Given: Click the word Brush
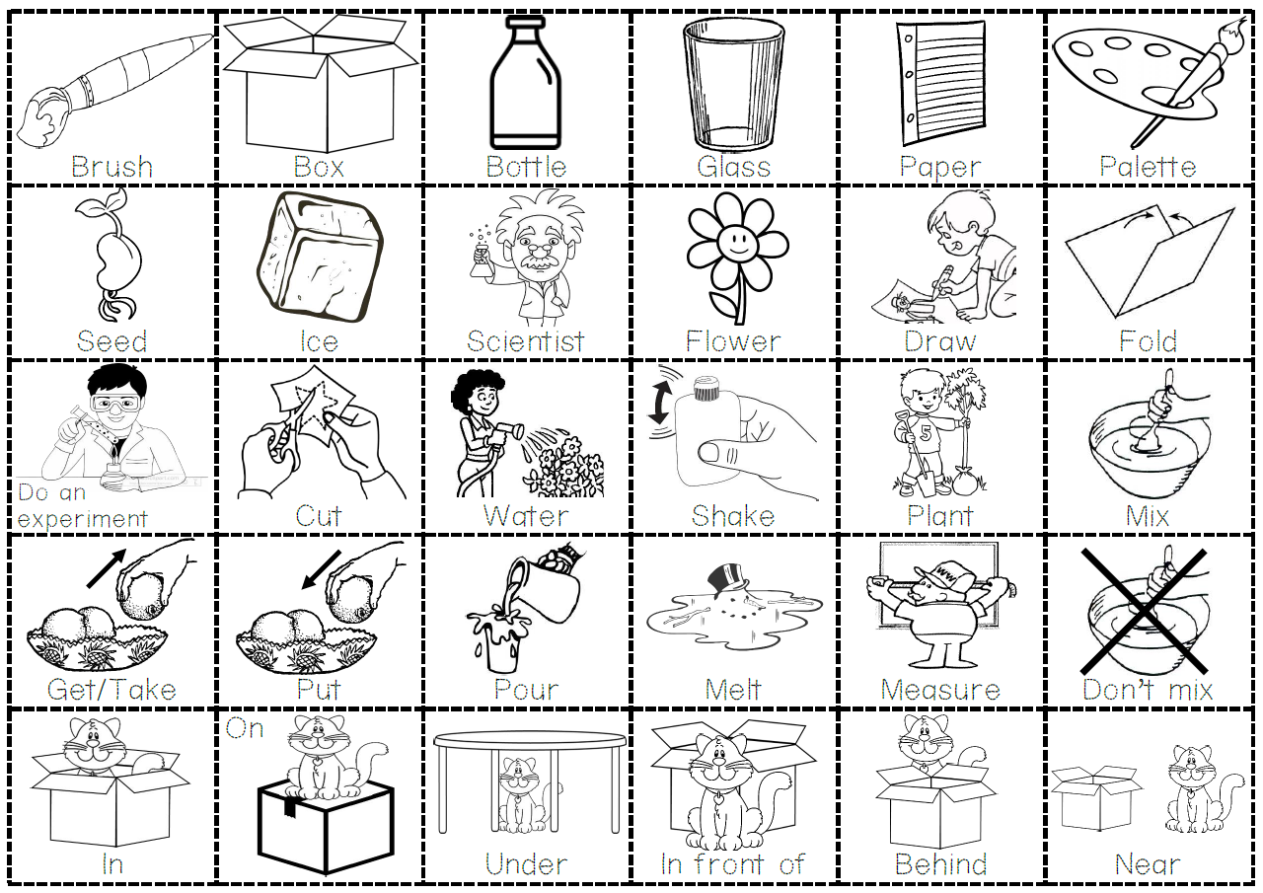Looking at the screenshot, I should [x=111, y=167].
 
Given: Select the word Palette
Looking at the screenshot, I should [x=1148, y=167].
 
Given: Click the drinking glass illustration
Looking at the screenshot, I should [x=733, y=84].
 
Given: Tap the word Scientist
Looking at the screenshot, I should [x=526, y=341].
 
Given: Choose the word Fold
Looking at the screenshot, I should [x=1148, y=341].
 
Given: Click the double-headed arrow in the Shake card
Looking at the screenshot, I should [x=657, y=405].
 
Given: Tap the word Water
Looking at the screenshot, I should [x=526, y=516].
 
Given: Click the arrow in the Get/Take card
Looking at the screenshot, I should [x=105, y=567].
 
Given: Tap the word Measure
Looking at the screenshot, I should [x=939, y=690].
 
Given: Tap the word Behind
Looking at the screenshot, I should [x=940, y=864].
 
